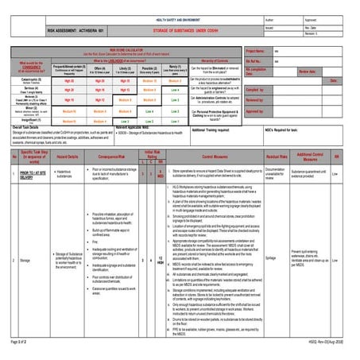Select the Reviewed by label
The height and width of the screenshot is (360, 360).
click(x=255, y=100)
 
